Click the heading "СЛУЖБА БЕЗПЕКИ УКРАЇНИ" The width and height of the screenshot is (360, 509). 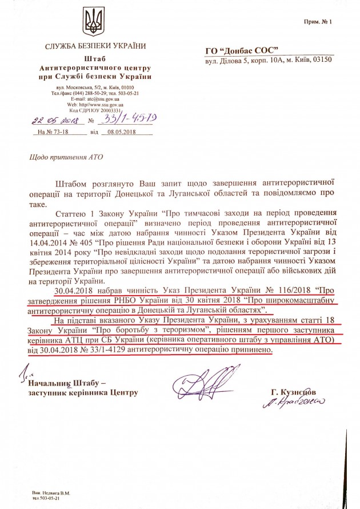pyautogui.click(x=94, y=46)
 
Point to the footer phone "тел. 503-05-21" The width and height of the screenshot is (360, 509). pyautogui.click(x=50, y=498)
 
